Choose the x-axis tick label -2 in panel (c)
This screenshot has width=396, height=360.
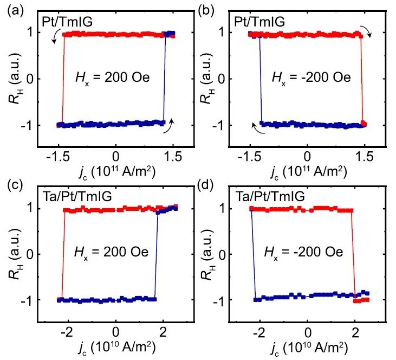[x=66, y=332]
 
